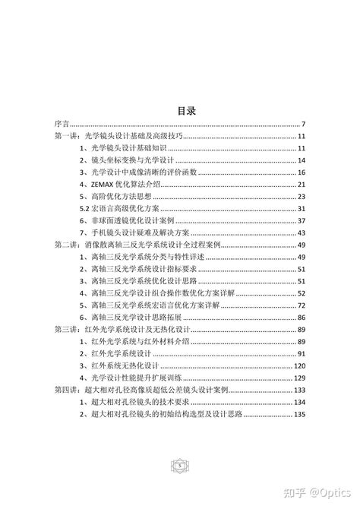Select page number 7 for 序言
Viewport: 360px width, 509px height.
click(x=303, y=124)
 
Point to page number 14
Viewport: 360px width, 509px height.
click(x=301, y=160)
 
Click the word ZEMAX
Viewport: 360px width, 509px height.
click(x=103, y=185)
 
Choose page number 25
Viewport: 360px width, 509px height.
click(x=301, y=197)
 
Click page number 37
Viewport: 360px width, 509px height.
click(x=301, y=221)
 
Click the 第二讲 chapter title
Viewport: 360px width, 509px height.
click(x=137, y=245)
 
